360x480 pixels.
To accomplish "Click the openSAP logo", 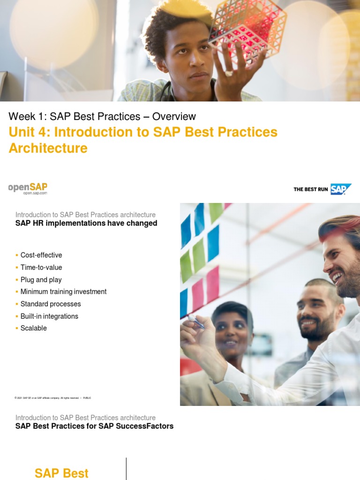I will pos(28,187).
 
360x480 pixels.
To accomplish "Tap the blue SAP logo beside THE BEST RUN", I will pos(340,189).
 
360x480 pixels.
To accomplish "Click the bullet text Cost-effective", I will pos(41,255).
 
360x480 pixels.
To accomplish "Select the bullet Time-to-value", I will pos(41,267).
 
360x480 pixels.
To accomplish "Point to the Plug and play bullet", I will pos(41,279).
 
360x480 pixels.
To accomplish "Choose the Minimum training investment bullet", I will pos(63,292).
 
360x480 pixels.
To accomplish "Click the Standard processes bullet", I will pos(51,304).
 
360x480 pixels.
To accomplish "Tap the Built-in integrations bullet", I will pos(49,316).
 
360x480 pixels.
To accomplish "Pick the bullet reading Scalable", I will pos(34,328).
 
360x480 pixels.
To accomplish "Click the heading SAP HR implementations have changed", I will pos(86,223).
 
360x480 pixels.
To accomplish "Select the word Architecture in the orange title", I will pos(48,148).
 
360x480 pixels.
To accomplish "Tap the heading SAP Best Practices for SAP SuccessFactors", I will pos(94,426).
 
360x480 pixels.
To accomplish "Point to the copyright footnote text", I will pos(52,398).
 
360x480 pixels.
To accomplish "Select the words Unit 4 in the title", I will pos(29,132).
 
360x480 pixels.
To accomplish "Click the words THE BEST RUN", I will pos(311,189).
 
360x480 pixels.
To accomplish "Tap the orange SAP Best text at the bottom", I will pos(61,473).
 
